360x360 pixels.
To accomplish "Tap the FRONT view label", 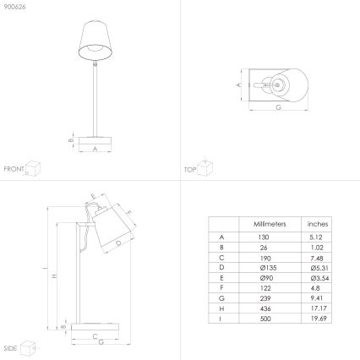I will pyautogui.click(x=14, y=168).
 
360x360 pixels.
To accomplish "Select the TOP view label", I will pyautogui.click(x=190, y=168).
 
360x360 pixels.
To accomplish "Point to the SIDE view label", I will pyautogui.click(x=10, y=347).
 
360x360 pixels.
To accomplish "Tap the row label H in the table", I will pyautogui.click(x=221, y=308).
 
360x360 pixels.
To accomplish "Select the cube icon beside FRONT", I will pyautogui.click(x=34, y=166).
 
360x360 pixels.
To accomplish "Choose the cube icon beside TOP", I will pyautogui.click(x=205, y=165).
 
